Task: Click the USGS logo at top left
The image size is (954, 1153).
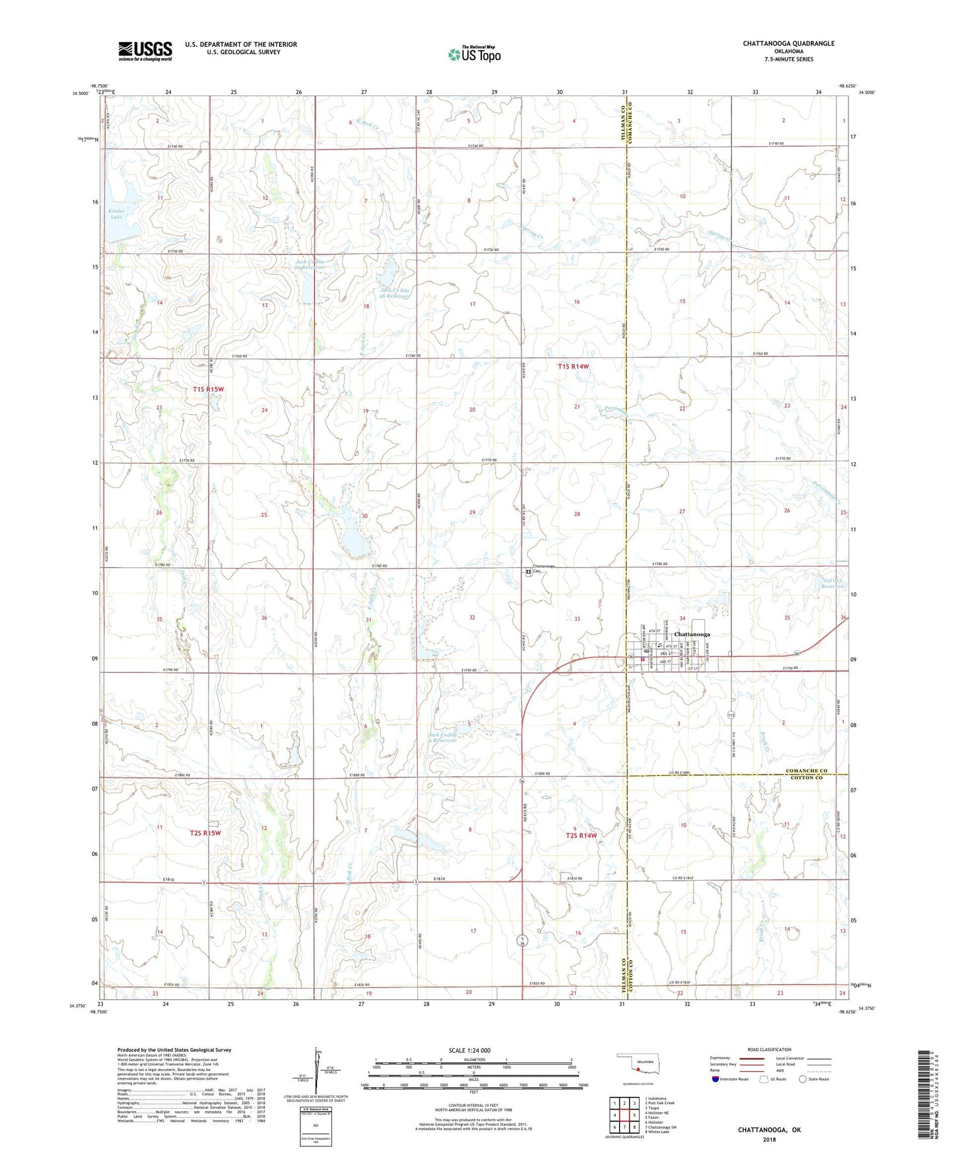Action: point(145,50)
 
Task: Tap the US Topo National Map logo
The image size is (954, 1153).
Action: point(474,54)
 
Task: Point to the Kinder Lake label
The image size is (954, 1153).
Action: point(116,214)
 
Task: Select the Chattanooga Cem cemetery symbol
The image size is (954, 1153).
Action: point(528,573)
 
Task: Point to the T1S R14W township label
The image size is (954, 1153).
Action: point(573,366)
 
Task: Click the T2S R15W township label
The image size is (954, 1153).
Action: point(205,833)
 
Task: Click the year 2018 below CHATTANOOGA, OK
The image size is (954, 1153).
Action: point(769,1139)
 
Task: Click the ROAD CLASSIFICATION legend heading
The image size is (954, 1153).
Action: point(769,1049)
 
